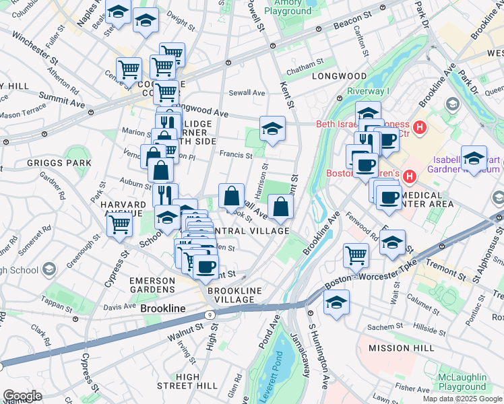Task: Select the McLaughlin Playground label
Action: tap(462, 382)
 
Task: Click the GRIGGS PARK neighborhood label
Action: tap(31, 162)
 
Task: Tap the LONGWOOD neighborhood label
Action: tap(340, 76)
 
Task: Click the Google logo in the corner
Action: tap(22, 396)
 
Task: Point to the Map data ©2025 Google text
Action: tap(462, 399)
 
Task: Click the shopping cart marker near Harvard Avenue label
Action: tap(119, 224)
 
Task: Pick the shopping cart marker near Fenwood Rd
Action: tap(356, 255)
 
